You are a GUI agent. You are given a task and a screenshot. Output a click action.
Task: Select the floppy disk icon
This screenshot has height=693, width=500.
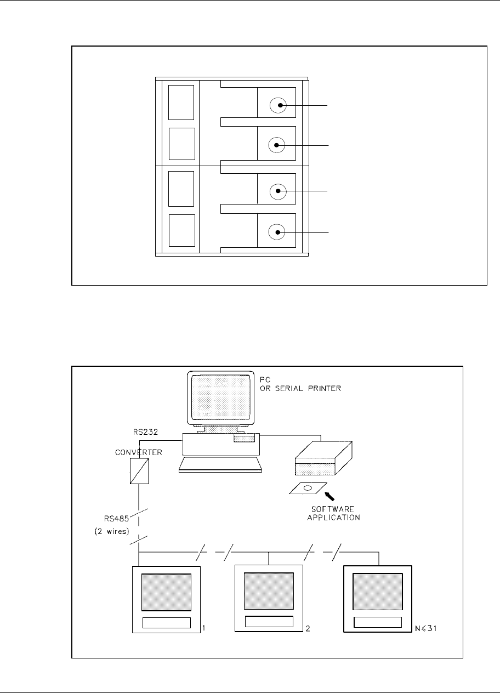click(307, 488)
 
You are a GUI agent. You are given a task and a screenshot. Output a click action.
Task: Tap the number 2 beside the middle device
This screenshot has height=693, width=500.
click(308, 628)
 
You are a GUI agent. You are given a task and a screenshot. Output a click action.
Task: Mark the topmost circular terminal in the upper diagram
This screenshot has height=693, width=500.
click(279, 105)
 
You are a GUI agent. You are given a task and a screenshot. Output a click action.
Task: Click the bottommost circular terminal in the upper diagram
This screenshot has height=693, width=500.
click(279, 232)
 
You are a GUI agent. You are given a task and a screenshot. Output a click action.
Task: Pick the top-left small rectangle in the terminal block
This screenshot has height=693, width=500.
click(181, 103)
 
